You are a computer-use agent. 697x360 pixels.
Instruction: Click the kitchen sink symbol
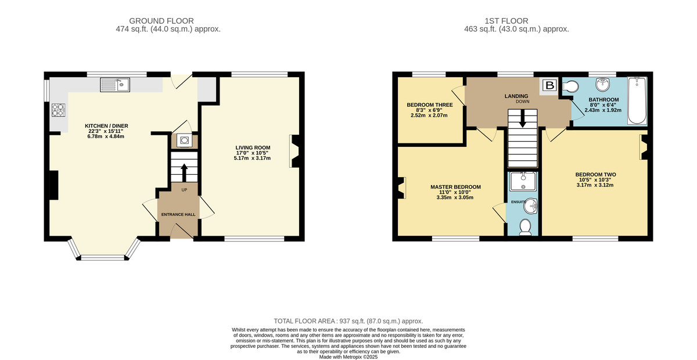coord(115,85)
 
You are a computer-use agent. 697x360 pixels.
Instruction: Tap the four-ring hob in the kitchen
coord(58,110)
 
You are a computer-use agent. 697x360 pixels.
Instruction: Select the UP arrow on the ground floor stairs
coord(184,172)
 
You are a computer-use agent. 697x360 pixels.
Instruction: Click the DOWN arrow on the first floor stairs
coord(523,118)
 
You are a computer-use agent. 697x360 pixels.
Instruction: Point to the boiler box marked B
coord(550,85)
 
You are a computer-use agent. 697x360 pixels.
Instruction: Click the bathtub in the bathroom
coord(637,100)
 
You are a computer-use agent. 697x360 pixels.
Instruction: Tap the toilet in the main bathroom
coord(570,87)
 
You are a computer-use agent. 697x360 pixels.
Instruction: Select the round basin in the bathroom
coord(603,84)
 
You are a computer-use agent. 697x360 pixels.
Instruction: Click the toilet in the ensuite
coord(526,227)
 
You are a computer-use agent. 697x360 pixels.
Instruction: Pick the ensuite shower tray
coord(523,181)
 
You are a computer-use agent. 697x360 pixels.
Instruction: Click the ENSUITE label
coord(518,202)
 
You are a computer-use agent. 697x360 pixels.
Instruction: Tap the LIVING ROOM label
coord(253,147)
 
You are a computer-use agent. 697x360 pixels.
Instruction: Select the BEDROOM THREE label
coord(430,105)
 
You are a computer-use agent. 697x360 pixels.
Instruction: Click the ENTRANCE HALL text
coord(178,214)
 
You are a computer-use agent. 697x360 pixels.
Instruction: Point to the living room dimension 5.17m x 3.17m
coord(252,158)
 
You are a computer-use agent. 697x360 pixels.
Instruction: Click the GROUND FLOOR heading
coord(161,21)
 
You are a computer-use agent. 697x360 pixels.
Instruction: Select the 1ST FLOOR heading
coord(506,21)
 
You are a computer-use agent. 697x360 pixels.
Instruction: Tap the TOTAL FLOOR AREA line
coord(348,321)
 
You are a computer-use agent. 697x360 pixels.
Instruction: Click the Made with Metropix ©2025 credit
coord(348,357)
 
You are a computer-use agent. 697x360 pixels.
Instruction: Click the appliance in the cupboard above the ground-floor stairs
coord(184,141)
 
